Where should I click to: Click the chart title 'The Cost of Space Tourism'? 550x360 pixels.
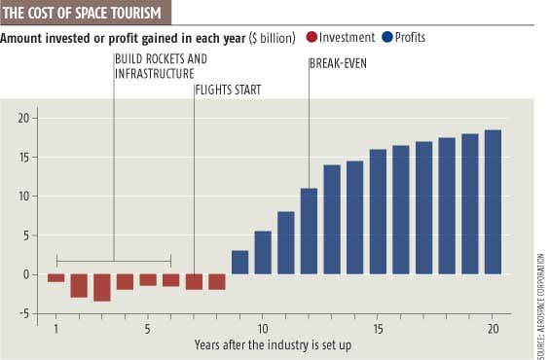click(85, 13)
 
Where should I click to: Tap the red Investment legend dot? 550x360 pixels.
click(311, 38)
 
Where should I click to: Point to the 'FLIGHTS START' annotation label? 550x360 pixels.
click(228, 90)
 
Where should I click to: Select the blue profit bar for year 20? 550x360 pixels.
click(493, 201)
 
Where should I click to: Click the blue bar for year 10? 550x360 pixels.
click(263, 252)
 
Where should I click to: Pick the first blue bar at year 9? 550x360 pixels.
click(239, 262)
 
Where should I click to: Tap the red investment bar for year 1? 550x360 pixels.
click(56, 278)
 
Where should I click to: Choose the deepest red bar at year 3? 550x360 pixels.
click(102, 287)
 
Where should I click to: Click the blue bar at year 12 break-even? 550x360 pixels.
click(309, 231)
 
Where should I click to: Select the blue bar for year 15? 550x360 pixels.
click(378, 211)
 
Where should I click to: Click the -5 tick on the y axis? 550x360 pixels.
click(27, 313)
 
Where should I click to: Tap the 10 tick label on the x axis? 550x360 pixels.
click(263, 329)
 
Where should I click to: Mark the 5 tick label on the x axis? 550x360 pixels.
click(148, 329)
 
